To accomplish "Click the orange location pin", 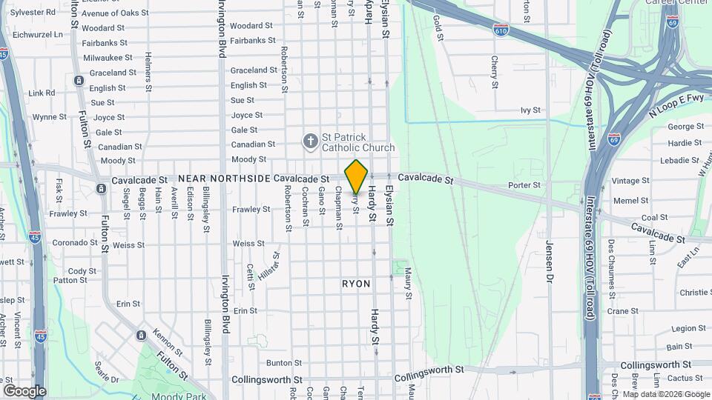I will (357, 177).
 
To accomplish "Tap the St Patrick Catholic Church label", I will (357, 142).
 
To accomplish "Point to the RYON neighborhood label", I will (356, 284).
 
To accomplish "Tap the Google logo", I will (24, 391).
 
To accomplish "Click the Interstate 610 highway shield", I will (501, 30).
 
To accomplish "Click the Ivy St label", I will (530, 110).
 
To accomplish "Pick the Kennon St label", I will (167, 339).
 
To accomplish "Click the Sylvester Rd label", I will (33, 13).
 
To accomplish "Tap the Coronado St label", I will (70, 242).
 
